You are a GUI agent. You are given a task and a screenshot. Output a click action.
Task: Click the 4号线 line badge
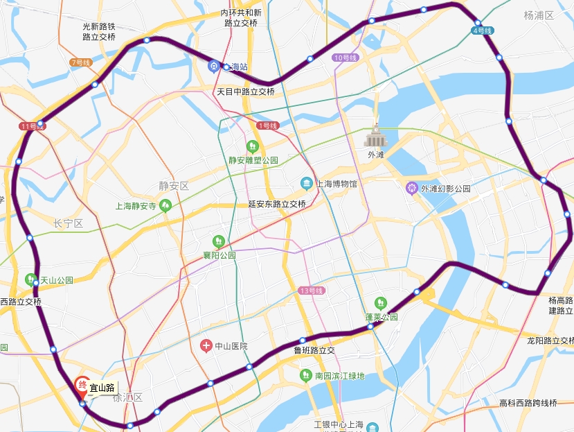tap(482, 31)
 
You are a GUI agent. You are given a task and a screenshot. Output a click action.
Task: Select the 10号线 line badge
tap(343, 58)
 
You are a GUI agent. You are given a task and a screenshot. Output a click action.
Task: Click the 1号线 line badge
tap(267, 126)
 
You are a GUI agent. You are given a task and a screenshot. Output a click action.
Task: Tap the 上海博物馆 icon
tap(306, 183)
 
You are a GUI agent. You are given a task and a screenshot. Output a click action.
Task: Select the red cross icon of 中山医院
tap(206, 345)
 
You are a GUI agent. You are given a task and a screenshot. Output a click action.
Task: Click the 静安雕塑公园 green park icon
tap(253, 146)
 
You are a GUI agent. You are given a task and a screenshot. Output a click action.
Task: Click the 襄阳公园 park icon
tap(219, 241)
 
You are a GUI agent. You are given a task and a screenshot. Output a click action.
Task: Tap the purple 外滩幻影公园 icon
tap(413, 188)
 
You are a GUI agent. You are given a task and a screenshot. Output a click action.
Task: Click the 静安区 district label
tap(174, 186)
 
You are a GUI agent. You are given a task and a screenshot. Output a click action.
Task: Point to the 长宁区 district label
tap(68, 223)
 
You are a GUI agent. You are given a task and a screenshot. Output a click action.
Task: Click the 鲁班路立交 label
tap(314, 351)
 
